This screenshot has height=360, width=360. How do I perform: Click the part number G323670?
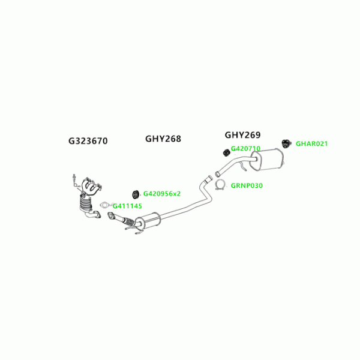point(88,141)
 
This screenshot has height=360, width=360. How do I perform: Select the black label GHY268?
point(163,139)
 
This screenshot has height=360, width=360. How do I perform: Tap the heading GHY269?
point(242,135)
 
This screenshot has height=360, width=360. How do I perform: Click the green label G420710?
point(245,149)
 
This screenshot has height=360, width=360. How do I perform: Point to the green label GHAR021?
point(312,144)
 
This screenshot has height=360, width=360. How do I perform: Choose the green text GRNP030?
point(247,185)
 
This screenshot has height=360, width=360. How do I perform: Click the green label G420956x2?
point(162,194)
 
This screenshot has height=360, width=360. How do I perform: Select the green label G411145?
point(127,206)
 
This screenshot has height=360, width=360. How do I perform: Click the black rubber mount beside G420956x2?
point(135,193)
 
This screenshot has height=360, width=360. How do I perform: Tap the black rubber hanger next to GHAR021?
point(286,143)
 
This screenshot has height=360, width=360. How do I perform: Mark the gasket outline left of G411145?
point(106,206)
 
